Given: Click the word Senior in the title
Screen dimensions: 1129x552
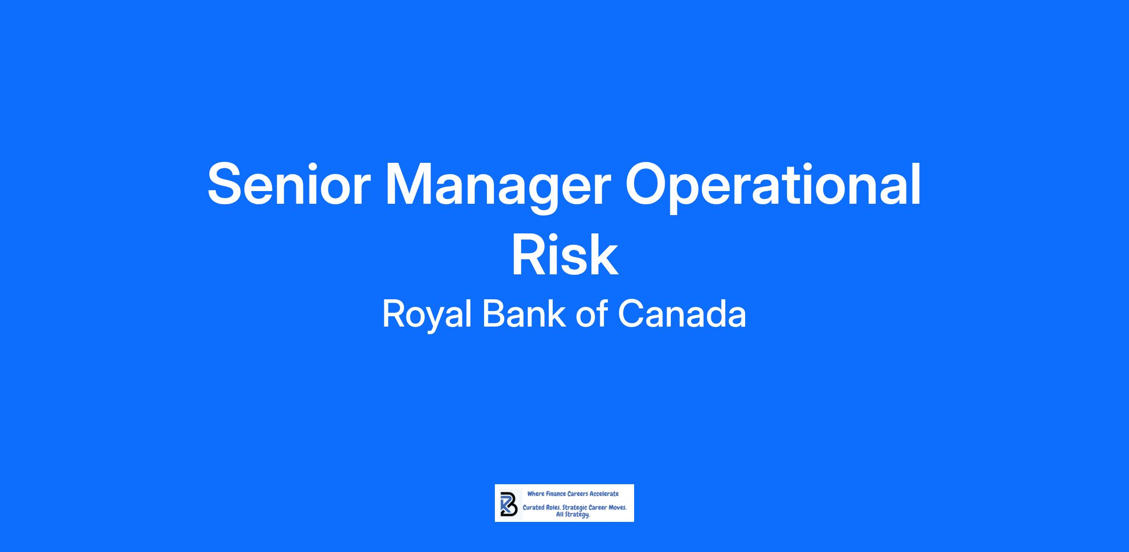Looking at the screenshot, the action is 289,184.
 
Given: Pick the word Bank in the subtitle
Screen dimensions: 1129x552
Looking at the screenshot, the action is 524,314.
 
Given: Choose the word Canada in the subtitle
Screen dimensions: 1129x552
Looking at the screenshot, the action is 682,314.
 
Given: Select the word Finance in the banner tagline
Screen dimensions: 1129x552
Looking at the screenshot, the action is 557,494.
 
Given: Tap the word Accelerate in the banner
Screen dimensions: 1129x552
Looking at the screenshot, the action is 604,494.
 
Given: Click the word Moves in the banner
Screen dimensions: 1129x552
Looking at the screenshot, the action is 618,508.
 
